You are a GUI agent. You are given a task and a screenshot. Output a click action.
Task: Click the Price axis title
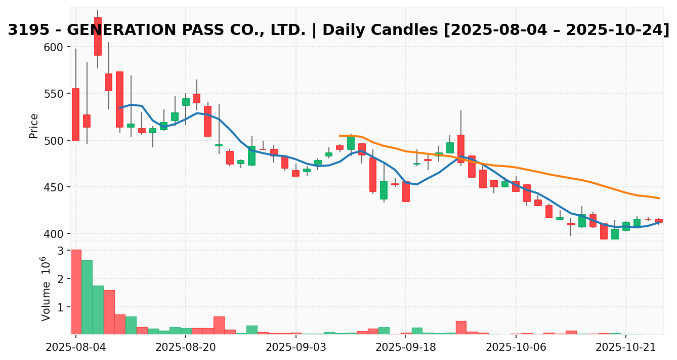click(34, 126)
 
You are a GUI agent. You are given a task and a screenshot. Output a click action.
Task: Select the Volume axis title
click(46, 289)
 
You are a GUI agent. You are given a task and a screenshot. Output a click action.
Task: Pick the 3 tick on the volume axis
click(60, 251)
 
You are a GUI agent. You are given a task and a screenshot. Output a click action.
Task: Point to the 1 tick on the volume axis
click(60, 307)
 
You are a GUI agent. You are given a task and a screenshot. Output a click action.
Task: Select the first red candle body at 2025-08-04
click(76, 114)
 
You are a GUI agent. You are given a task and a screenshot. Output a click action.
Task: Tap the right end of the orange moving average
click(659, 198)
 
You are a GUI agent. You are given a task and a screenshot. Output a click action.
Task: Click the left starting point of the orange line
click(340, 136)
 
